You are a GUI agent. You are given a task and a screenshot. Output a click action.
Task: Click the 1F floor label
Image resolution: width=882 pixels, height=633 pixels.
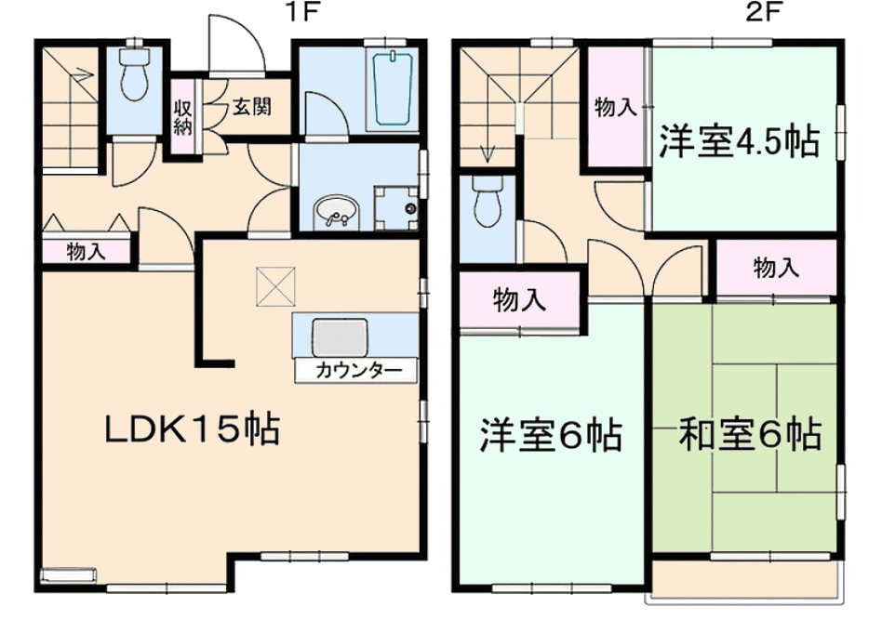click(x=303, y=12)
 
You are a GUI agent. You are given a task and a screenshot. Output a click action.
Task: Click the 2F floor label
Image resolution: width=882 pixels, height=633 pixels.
click(x=764, y=12)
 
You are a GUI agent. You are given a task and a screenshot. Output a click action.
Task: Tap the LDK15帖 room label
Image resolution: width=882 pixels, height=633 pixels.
click(x=193, y=430)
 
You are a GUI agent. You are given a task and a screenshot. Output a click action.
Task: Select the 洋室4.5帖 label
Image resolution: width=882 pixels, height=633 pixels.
click(x=739, y=140)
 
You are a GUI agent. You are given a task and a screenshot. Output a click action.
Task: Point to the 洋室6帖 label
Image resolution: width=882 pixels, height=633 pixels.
click(x=551, y=435)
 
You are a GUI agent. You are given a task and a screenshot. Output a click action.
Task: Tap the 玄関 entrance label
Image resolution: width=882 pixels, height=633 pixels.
click(x=252, y=106)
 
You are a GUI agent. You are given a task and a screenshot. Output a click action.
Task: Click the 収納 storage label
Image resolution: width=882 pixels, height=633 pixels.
click(x=182, y=117)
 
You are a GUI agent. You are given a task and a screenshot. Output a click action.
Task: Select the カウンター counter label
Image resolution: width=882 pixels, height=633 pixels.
click(x=358, y=371)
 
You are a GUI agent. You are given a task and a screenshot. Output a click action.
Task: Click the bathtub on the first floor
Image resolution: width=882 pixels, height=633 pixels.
click(x=394, y=88)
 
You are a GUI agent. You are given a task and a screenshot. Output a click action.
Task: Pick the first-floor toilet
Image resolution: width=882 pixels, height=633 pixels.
click(x=134, y=73)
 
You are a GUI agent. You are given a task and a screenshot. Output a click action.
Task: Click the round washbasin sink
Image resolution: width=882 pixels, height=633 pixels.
click(x=335, y=213)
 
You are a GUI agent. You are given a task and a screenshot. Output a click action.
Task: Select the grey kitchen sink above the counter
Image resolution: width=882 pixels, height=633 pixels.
click(x=340, y=337)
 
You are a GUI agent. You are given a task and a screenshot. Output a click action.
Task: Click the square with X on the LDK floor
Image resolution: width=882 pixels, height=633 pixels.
click(x=275, y=286)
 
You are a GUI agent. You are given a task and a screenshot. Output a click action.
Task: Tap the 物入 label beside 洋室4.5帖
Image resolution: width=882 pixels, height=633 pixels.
click(x=616, y=107)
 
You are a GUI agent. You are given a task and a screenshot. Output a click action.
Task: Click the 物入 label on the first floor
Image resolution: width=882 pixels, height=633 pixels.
click(x=86, y=251)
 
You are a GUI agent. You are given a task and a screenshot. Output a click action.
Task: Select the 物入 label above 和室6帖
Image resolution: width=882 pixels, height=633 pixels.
click(x=776, y=268)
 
